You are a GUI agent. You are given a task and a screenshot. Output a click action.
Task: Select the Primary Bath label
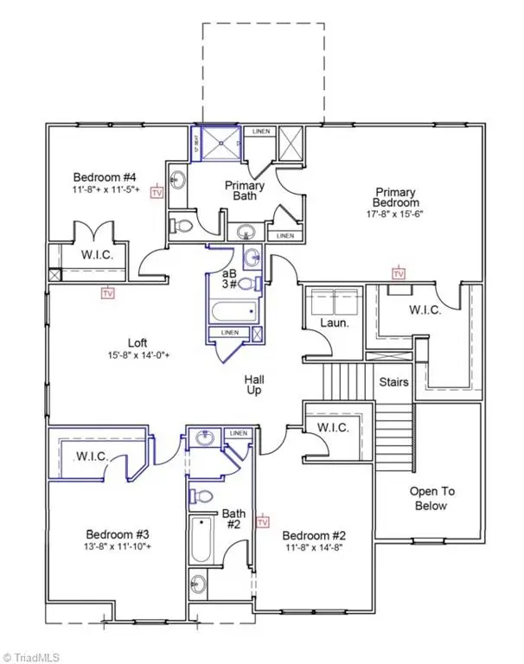[245, 190]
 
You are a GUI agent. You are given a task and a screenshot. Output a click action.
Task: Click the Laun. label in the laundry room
[333, 322]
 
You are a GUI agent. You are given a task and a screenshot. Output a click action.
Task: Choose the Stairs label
[394, 381]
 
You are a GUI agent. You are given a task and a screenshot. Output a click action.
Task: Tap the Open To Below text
[431, 498]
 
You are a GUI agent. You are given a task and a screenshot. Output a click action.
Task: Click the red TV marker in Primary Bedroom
[399, 274]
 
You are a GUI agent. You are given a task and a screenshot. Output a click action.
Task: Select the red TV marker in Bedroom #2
[263, 522]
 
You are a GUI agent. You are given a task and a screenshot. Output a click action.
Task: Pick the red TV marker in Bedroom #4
[157, 192]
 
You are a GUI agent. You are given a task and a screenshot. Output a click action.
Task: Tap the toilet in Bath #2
[200, 496]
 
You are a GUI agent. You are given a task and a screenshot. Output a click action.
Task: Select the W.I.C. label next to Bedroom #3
[89, 456]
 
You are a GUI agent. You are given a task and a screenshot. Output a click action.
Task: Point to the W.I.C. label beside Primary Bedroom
[425, 309]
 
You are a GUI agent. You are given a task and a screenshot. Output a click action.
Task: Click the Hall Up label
[254, 385]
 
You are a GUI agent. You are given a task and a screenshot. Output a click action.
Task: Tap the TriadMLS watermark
[32, 655]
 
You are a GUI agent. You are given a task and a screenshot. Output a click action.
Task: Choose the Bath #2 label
[233, 519]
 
